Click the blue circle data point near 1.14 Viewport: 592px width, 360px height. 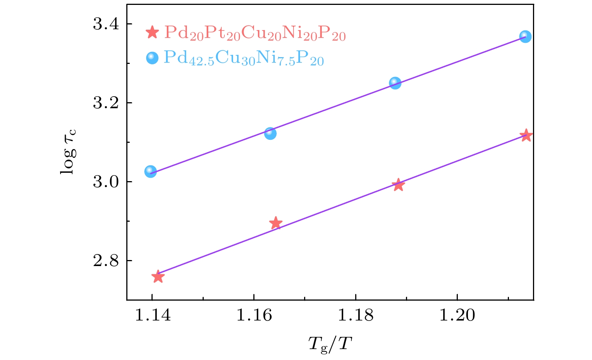pyautogui.click(x=150, y=171)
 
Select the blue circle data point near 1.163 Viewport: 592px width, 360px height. pyautogui.click(x=270, y=133)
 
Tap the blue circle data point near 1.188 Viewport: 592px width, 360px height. pyautogui.click(x=395, y=83)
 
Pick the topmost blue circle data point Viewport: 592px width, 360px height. pyautogui.click(x=525, y=36)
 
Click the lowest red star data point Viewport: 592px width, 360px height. pyautogui.click(x=158, y=277)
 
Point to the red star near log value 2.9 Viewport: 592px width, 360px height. pyautogui.click(x=276, y=223)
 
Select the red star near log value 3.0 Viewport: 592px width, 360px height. pyautogui.click(x=398, y=185)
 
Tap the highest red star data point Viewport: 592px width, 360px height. pyautogui.click(x=526, y=135)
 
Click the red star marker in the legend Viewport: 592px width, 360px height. pyautogui.click(x=152, y=33)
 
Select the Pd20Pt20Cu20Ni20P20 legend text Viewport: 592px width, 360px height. pyautogui.click(x=255, y=33)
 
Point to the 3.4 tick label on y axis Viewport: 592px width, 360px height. pyautogui.click(x=106, y=24)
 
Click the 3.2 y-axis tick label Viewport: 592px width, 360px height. pyautogui.click(x=106, y=103)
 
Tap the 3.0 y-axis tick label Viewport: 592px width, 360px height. pyautogui.click(x=106, y=182)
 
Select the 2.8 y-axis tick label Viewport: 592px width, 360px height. pyautogui.click(x=106, y=260)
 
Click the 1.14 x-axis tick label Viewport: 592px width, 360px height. pyautogui.click(x=152, y=315)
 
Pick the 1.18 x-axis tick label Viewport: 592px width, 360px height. pyautogui.click(x=356, y=315)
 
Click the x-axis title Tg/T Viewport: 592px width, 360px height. pyautogui.click(x=330, y=343)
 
